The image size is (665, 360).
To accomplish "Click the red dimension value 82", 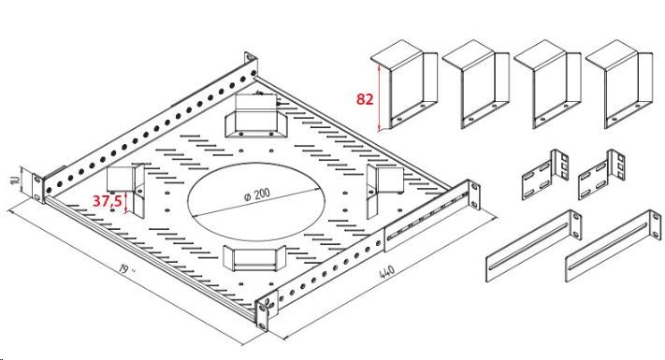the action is [365, 99].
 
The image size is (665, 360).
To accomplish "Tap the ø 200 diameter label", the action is [257, 194].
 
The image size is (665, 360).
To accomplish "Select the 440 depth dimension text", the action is [386, 272].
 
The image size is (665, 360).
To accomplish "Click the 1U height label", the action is [16, 180].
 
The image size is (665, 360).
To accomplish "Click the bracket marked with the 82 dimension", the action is [404, 85].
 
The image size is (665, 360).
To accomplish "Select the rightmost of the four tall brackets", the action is [619, 85].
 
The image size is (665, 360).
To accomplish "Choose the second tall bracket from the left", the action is [476, 85].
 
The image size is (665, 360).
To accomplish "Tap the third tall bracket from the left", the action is [547, 85].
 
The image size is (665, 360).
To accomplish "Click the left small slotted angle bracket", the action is [545, 175].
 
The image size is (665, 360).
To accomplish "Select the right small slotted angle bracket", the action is [601, 175].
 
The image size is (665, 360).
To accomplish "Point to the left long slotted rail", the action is [533, 246].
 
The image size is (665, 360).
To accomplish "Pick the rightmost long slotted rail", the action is [614, 246].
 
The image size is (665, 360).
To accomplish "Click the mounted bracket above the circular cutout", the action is [255, 116].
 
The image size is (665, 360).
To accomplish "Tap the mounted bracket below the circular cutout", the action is [255, 258].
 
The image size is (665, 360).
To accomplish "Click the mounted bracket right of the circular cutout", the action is [384, 190].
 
